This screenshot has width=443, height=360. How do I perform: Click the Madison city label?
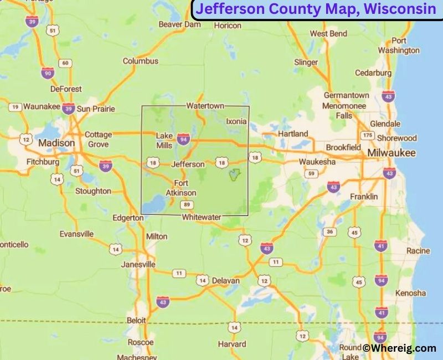(x=56, y=143)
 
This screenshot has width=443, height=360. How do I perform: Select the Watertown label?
(x=205, y=105)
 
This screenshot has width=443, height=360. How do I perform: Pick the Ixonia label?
(x=236, y=121)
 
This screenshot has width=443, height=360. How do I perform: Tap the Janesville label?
(x=138, y=264)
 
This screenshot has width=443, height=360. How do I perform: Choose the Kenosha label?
(x=411, y=292)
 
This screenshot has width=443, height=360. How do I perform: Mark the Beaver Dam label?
(x=180, y=24)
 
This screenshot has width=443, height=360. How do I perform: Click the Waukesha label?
(x=317, y=162)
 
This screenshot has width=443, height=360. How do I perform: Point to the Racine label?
(x=418, y=251)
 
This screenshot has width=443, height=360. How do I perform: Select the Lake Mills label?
(x=164, y=140)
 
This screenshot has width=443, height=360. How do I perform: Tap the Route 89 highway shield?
(x=187, y=205)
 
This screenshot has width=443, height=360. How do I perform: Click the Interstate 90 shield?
(x=48, y=73)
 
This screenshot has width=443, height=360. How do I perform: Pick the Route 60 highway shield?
(x=66, y=63)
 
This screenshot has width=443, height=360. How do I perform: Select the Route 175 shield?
(x=367, y=136)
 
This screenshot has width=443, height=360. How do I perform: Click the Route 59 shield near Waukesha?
(x=313, y=174)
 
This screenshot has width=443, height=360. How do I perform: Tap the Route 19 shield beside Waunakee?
(x=15, y=107)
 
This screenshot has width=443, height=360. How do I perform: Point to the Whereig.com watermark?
(x=399, y=348)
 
